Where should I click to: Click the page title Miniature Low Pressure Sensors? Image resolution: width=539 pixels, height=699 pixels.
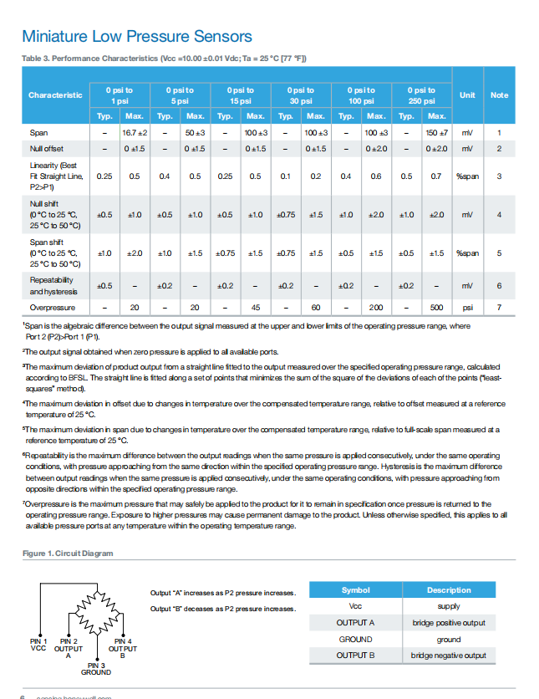pyautogui.click(x=137, y=37)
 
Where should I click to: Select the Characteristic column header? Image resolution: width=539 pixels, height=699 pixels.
pyautogui.click(x=55, y=94)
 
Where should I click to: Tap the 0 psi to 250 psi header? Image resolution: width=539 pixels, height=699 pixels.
pyautogui.click(x=421, y=94)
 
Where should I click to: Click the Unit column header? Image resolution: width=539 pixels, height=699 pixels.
pyautogui.click(x=467, y=94)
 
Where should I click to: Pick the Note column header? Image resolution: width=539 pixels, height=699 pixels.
pyautogui.click(x=499, y=94)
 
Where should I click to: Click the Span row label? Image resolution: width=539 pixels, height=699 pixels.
pyautogui.click(x=38, y=133)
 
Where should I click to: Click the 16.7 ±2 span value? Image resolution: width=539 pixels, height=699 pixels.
pyautogui.click(x=135, y=133)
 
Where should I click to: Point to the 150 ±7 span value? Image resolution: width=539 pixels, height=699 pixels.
pyautogui.click(x=436, y=133)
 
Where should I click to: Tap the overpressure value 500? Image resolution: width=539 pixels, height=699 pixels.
pyautogui.click(x=436, y=308)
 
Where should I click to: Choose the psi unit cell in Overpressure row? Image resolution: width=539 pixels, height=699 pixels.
pyautogui.click(x=467, y=308)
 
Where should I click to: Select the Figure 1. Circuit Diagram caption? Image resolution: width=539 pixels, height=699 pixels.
pyautogui.click(x=67, y=554)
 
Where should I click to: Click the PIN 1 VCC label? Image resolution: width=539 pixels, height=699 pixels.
pyautogui.click(x=38, y=644)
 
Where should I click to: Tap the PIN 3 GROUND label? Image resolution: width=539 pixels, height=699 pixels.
pyautogui.click(x=95, y=667)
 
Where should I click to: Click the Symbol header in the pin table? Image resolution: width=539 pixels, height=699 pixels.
pyautogui.click(x=355, y=590)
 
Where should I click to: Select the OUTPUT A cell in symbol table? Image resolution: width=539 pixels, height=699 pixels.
pyautogui.click(x=355, y=623)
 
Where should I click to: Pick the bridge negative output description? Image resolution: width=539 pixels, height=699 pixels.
pyautogui.click(x=449, y=656)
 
